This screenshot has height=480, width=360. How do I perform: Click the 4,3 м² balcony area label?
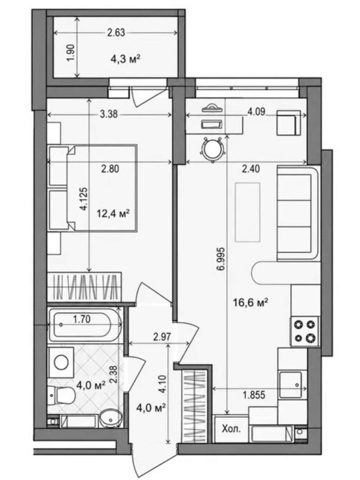pyautogui.click(x=125, y=58)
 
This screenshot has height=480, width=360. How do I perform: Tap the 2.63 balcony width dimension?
pyautogui.click(x=116, y=32)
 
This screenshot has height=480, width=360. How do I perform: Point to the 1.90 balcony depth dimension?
pyautogui.click(x=70, y=52)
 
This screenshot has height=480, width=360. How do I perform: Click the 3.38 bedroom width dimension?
pyautogui.click(x=109, y=114)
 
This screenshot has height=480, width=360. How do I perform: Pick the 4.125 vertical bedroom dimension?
pyautogui.click(x=84, y=199)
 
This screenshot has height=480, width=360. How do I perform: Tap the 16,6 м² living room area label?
pyautogui.click(x=250, y=303)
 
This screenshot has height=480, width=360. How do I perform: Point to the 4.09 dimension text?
pyautogui.click(x=256, y=112)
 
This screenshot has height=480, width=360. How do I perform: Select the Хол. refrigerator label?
pyautogui.click(x=231, y=429)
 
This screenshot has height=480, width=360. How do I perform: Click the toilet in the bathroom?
pyautogui.click(x=62, y=395)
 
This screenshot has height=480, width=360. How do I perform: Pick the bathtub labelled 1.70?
pyautogui.click(x=85, y=325)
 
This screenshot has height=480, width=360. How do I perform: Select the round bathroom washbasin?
pyautogui.click(x=110, y=418)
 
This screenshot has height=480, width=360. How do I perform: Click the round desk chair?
pyautogui.click(x=213, y=149)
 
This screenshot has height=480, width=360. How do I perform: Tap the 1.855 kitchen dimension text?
pyautogui.click(x=254, y=395)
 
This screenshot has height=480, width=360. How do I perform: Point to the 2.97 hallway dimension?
pyautogui.click(x=162, y=337)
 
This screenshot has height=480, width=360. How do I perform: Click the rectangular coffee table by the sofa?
pyautogui.click(x=247, y=212)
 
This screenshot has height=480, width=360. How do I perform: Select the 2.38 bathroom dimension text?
pyautogui.click(x=114, y=375)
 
